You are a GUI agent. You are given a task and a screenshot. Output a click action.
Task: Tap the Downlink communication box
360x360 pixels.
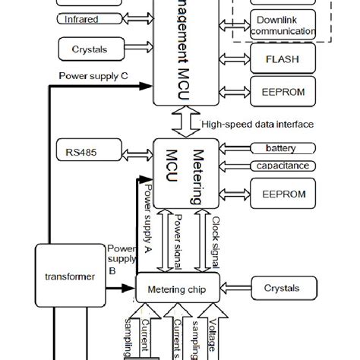tap(283, 26)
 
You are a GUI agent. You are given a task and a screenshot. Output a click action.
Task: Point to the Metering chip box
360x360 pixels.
tap(181, 288)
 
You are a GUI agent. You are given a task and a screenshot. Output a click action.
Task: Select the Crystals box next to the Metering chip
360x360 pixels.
tap(282, 288)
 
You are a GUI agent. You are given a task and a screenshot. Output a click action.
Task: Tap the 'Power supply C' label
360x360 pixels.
tap(93, 75)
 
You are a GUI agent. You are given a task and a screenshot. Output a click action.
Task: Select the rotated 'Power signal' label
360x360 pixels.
tap(176, 242)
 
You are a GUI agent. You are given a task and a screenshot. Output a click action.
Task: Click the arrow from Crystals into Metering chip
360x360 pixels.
tap(238, 288)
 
